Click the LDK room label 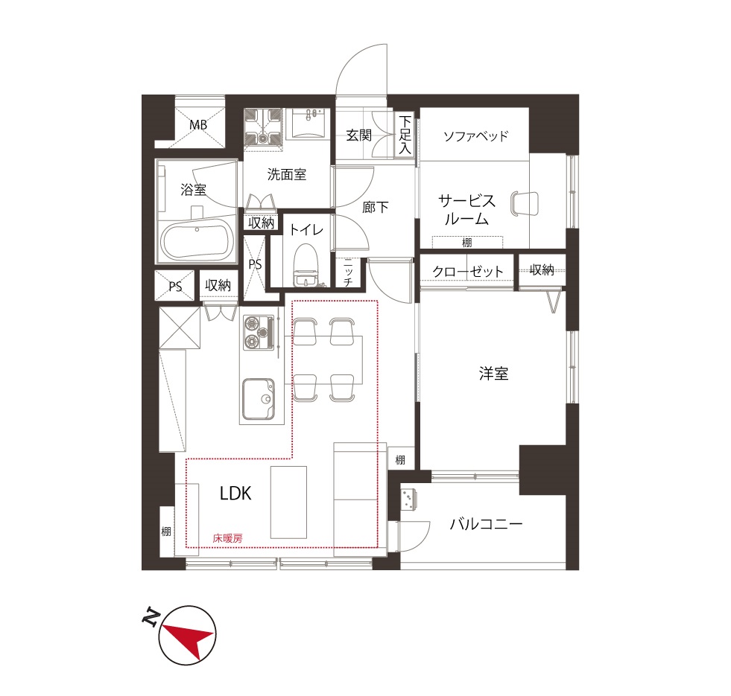pos(235,494)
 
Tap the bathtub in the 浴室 pos(197,241)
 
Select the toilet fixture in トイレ pos(306,266)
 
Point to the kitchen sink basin pos(258,399)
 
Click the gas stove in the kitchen pos(259,333)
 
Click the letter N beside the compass pos(150,616)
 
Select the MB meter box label pos(198,125)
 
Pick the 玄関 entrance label pos(358,135)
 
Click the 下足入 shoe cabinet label pos(405,135)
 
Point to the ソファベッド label pos(475,136)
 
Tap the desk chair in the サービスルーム pos(525,204)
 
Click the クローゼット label pos(468,272)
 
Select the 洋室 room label pos(493,374)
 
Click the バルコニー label pos(486,525)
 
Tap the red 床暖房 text pos(227,538)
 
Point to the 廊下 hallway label pos(376,207)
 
